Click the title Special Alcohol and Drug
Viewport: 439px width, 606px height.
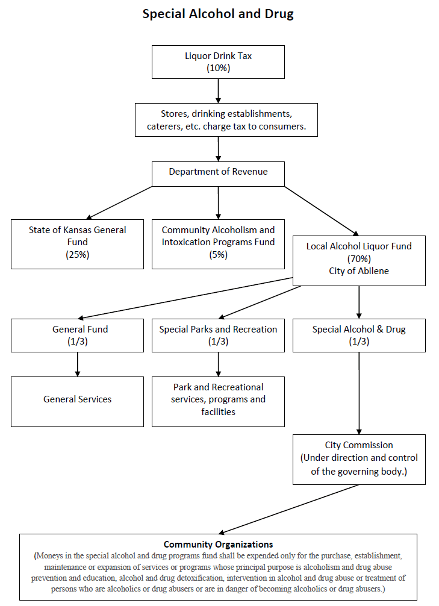pos(218,14)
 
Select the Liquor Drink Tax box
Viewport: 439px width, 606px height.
pos(218,61)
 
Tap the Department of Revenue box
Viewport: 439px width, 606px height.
pos(218,173)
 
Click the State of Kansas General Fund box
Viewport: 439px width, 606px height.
pos(77,243)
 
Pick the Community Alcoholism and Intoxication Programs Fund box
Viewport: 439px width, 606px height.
pos(218,243)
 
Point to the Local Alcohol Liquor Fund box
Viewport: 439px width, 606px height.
pos(359,260)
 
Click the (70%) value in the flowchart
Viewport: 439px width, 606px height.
pos(359,259)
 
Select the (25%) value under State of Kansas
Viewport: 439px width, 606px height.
pos(77,255)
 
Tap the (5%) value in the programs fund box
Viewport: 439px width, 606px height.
pos(218,255)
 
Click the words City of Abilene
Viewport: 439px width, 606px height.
pos(359,271)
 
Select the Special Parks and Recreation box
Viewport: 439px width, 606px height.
pos(218,335)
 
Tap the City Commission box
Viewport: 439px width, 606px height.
pos(359,459)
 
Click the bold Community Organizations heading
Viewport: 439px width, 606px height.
pos(218,545)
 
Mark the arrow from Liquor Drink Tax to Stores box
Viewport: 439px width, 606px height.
pos(218,91)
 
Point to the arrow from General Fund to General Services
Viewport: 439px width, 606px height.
pos(77,364)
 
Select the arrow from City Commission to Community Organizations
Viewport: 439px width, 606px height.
pos(289,509)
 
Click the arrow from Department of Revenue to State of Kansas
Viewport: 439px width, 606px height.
pos(120,202)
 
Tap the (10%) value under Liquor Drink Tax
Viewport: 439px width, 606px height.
pos(218,67)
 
